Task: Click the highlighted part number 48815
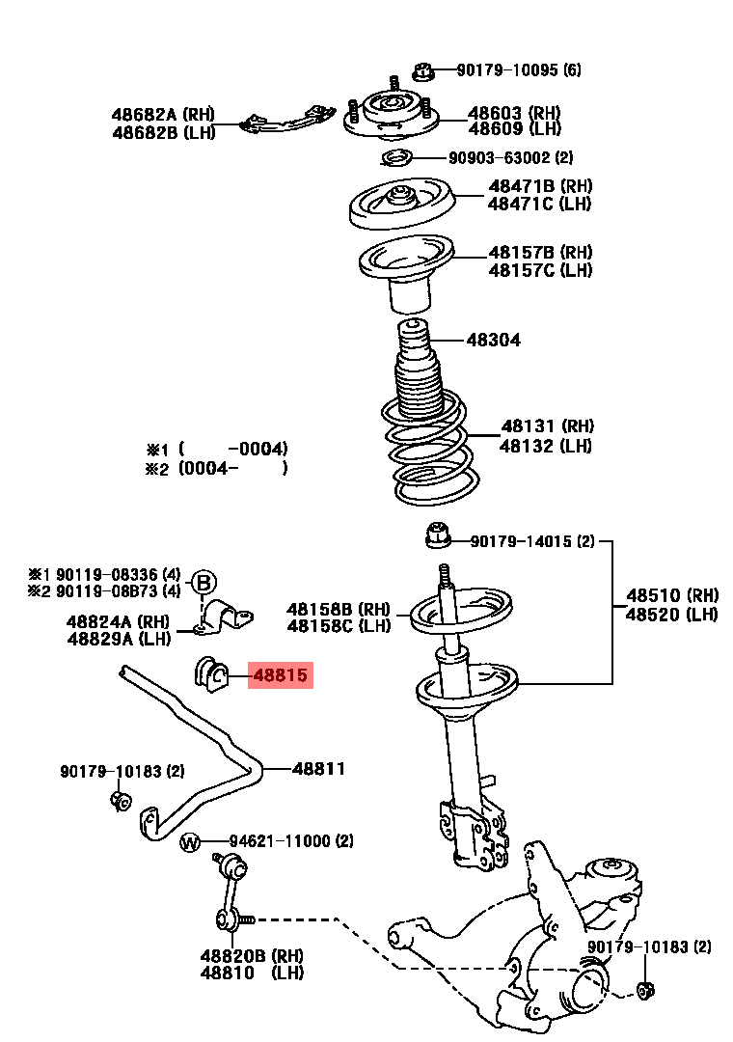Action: click(x=281, y=676)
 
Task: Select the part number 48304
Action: click(x=493, y=340)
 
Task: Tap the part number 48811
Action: click(x=318, y=769)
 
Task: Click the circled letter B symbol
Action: click(x=204, y=582)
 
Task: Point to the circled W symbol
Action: click(x=190, y=842)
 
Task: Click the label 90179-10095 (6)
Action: click(x=519, y=70)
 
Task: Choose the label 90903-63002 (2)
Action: click(x=510, y=157)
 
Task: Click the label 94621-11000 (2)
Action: click(x=290, y=841)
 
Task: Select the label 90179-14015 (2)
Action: click(x=532, y=542)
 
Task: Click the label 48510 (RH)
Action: click(x=672, y=595)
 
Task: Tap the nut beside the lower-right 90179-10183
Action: click(x=646, y=988)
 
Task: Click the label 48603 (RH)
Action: click(x=514, y=112)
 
